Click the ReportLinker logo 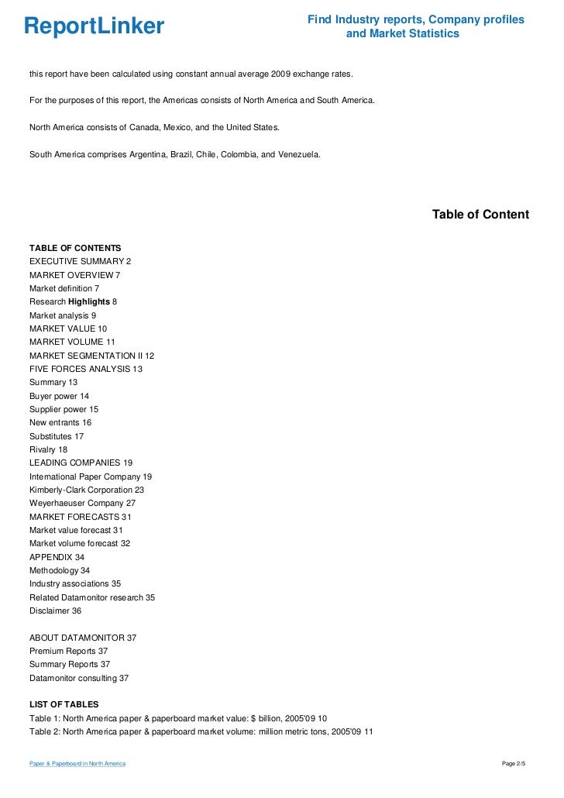click(x=94, y=27)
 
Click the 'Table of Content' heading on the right click(x=480, y=215)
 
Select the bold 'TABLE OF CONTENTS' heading click(x=75, y=248)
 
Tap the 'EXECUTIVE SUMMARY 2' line click(x=81, y=262)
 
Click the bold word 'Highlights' click(x=89, y=301)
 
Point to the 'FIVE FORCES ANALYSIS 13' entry click(x=86, y=369)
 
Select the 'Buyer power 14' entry click(x=59, y=396)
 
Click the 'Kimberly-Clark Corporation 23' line click(x=87, y=490)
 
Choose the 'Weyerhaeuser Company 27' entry click(x=81, y=504)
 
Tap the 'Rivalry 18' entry click(x=49, y=449)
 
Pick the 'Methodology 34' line click(x=60, y=570)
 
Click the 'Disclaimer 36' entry click(x=55, y=611)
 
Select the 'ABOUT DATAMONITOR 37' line click(x=83, y=637)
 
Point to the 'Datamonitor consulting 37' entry click(x=79, y=678)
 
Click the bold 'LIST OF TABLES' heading click(x=64, y=704)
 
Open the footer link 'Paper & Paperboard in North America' click(x=77, y=764)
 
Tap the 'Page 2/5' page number click(x=514, y=764)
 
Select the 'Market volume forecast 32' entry click(x=80, y=544)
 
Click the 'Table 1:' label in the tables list click(x=46, y=718)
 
